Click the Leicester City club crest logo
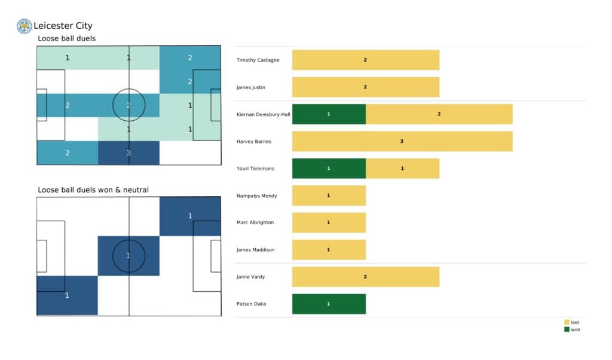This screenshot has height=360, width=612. point(25,26)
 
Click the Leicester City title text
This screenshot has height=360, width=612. point(63,26)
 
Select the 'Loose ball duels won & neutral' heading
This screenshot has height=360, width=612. point(93,190)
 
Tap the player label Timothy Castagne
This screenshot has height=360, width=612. point(257,60)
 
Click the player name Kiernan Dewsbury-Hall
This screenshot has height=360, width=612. point(264,114)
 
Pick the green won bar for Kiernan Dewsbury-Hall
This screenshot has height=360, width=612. point(329,114)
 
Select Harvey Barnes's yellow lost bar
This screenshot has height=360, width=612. point(402,141)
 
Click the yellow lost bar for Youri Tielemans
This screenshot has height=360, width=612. point(402,169)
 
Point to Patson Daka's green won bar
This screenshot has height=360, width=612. point(329,304)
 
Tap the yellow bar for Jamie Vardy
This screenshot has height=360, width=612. point(365,277)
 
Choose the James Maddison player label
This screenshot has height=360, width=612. point(255,249)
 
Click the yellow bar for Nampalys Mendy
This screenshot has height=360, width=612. point(329,196)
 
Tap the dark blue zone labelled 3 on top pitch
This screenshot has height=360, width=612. point(128,152)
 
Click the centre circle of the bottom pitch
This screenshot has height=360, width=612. point(128,256)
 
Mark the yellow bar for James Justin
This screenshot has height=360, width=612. point(365,87)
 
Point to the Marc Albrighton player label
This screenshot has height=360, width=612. point(255,222)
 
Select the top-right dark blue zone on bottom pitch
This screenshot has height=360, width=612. point(190,216)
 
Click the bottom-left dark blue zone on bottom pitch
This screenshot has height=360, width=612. point(67,295)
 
